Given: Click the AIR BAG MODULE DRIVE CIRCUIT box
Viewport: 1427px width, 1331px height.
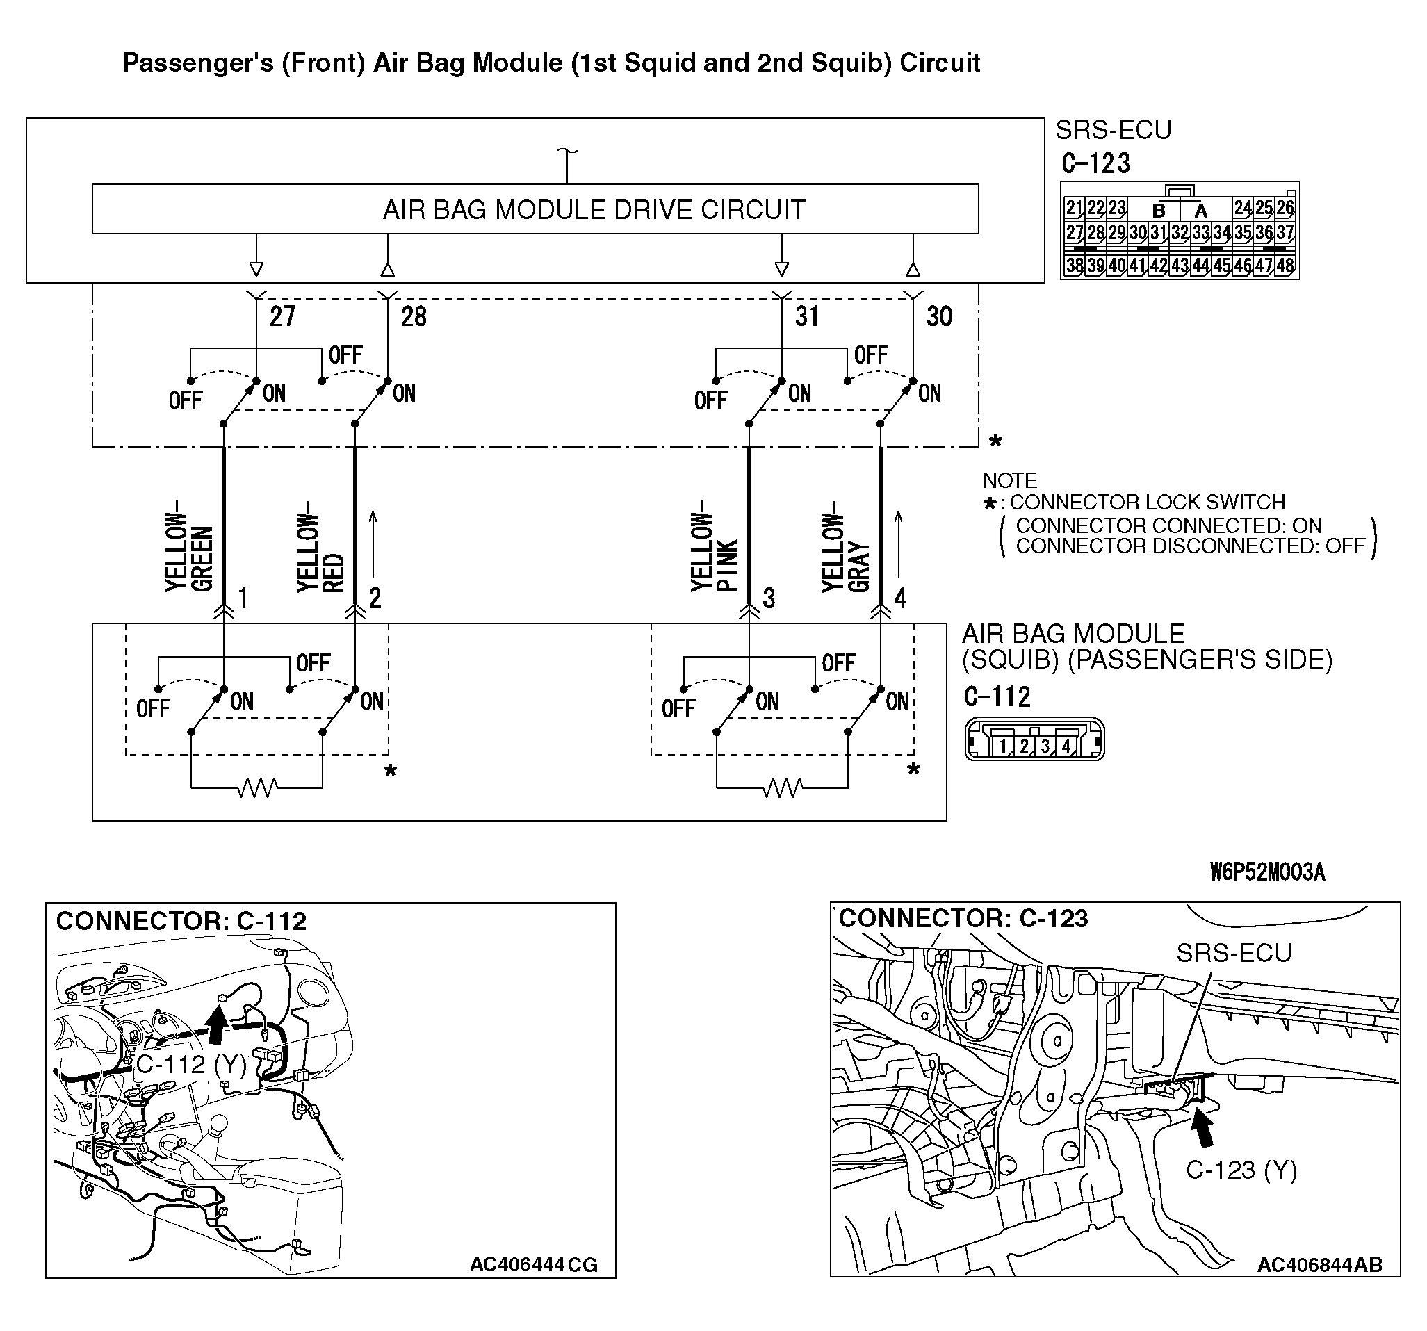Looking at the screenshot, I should tap(535, 209).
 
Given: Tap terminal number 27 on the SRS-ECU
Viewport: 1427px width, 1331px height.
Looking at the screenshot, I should tap(282, 317).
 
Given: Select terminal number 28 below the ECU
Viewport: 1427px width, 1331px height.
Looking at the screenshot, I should tap(414, 317).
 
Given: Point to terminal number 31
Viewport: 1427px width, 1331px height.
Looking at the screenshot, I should tap(807, 317).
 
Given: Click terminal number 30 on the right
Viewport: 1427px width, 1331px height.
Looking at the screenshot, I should tap(939, 317).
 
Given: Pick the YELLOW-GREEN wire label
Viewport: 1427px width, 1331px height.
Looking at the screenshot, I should tap(190, 552).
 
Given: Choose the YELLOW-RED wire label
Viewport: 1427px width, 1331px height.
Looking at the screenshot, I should tap(320, 552).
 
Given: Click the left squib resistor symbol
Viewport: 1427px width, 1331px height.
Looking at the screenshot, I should tap(257, 788).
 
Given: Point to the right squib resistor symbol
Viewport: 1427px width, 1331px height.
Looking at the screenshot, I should tap(783, 788).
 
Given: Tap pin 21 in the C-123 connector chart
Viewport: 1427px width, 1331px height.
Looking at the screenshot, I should tap(1074, 209).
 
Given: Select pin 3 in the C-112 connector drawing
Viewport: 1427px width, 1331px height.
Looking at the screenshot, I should tap(1045, 746).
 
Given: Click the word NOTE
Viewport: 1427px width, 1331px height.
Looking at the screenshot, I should tap(1009, 480).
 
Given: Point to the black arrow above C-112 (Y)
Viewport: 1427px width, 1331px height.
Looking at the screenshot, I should tap(216, 1023).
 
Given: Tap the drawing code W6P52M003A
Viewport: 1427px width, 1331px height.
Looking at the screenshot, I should tap(1267, 872).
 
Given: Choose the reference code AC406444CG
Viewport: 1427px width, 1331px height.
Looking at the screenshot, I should tap(533, 1264).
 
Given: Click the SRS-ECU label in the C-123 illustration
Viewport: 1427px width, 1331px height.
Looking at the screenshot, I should tap(1233, 953).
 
